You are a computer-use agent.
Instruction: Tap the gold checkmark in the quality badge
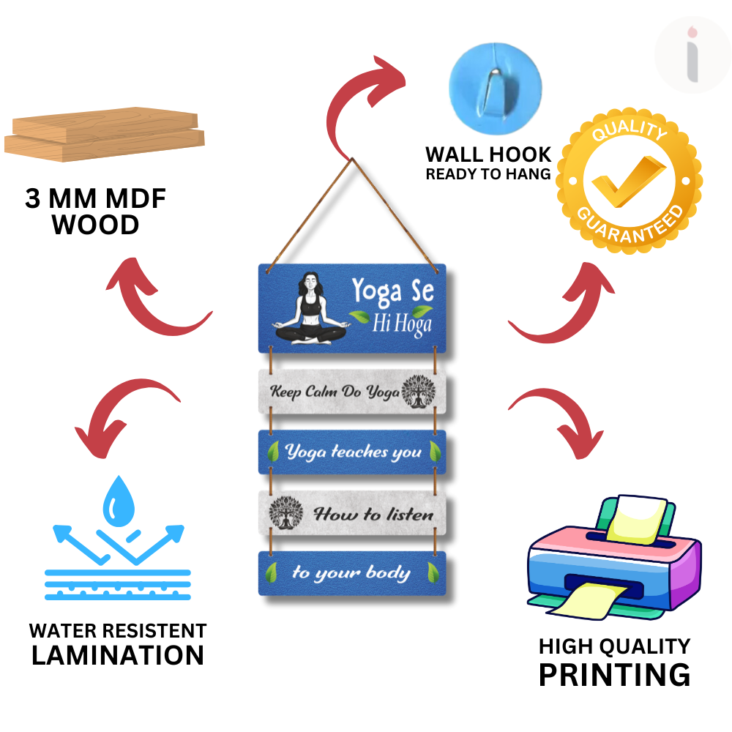point(629,182)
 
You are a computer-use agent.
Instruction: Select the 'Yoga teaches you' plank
point(352,452)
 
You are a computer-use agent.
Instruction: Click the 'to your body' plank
point(352,572)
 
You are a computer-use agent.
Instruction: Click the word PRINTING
point(614,674)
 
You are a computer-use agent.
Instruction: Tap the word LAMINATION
point(118,655)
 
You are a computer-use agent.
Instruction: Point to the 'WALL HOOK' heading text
point(488,154)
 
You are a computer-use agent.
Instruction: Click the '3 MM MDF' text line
point(96,199)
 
